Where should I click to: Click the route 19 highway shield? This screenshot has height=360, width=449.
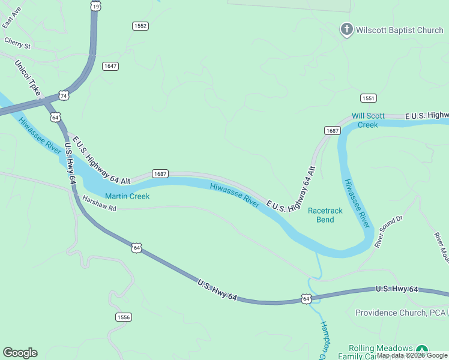pos(95,5)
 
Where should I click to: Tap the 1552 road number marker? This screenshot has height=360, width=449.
pos(140,26)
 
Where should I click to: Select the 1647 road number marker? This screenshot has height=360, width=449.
pos(110,66)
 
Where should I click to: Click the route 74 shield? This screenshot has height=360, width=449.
pos(64,95)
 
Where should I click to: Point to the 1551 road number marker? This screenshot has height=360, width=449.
pos(369,98)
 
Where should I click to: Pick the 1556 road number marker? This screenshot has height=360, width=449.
pos(124,317)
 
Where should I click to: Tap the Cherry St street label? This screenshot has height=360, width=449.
pos(17,44)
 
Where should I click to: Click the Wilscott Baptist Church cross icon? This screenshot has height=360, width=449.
pos(346,29)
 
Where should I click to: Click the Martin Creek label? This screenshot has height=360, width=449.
pos(127,196)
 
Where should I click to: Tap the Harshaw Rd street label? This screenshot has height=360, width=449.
pos(99,204)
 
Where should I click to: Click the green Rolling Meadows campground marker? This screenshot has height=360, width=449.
pos(422,350)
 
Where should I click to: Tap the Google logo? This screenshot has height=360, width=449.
pos(20,353)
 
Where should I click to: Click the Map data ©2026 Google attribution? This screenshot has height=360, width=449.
pos(411,355)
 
